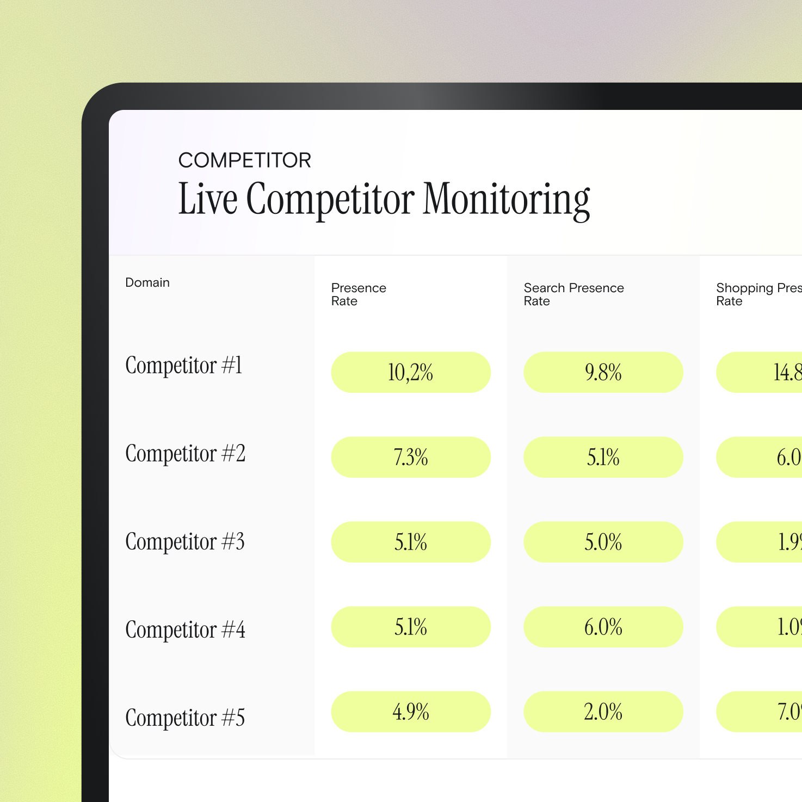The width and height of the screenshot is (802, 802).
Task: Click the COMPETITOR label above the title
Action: coord(245,161)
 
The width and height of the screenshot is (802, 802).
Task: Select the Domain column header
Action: coord(147,282)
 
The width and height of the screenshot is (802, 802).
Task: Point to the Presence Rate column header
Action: coord(359,294)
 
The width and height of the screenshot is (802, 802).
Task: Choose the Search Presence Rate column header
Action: coord(573,294)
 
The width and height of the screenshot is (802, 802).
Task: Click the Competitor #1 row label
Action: coord(183,365)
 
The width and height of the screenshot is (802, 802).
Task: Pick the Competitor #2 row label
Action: coord(185,453)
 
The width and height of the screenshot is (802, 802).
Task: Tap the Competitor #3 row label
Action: coord(185,541)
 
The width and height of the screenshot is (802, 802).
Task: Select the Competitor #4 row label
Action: coord(185,630)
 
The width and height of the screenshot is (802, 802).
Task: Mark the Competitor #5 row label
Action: coord(185,718)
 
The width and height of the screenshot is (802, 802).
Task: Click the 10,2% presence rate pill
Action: coord(411,373)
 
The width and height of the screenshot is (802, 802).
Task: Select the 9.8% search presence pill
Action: coord(603,373)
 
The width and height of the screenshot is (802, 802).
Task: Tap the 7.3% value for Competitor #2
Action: coord(411,458)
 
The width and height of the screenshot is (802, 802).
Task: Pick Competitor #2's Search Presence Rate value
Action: coord(603,458)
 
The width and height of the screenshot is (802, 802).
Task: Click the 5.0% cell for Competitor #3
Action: coord(603,542)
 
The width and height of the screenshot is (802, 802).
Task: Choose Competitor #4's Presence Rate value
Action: coord(411,627)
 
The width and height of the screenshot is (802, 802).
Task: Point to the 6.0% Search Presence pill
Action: coord(603,627)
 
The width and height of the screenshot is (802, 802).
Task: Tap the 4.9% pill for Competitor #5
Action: coord(411,712)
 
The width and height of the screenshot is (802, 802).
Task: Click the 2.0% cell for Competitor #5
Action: coord(603,712)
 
